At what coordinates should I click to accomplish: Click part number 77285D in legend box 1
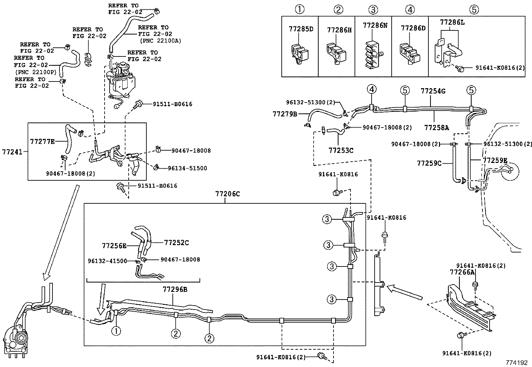coord(301,29)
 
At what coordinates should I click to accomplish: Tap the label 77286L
coord(452,22)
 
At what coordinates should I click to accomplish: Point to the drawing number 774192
coord(516,362)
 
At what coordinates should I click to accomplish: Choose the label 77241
coord(12,152)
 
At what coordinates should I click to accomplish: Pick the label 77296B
coord(175,289)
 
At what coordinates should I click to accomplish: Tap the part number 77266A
coord(462,272)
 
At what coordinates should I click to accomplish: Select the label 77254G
coord(433,91)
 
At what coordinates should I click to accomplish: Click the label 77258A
coord(436,127)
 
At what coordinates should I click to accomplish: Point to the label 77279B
coord(285,114)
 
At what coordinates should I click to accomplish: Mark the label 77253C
coord(341,150)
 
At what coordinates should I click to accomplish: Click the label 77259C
coord(429,163)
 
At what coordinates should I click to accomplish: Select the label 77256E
coord(114,246)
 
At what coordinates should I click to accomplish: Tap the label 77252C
coord(176,243)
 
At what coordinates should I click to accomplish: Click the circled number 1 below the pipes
coord(116,331)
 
